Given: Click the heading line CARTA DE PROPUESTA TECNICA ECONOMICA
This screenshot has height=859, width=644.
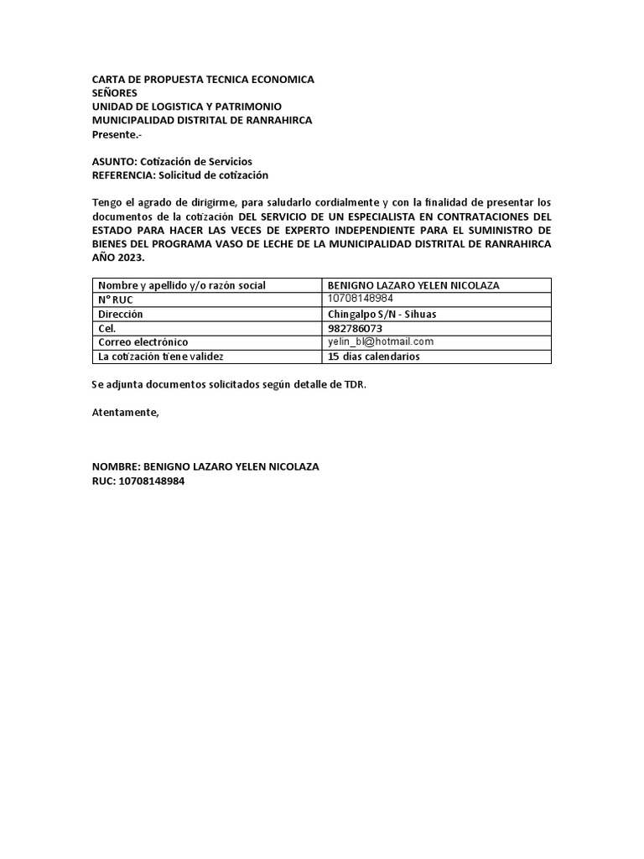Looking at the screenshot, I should coord(203,80).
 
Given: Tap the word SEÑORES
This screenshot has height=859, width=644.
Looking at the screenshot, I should coord(114,93).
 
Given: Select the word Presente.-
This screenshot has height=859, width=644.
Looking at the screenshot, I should coord(117,134).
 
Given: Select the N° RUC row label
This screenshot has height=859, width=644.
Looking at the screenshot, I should coord(116,299).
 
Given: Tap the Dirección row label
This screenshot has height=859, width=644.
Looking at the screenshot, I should coord(121,314).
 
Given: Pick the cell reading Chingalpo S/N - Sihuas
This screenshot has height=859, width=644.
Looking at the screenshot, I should coord(382,314).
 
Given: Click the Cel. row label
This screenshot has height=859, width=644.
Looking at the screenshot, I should coord(106,328).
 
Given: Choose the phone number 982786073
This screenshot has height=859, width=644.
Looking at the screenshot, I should coord(355,328).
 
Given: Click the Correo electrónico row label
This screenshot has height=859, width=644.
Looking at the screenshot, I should coord(143,342).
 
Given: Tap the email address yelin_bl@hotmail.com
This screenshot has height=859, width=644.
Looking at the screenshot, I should coord(381,341).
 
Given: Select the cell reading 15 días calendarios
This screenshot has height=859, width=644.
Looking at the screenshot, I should coord(374,357).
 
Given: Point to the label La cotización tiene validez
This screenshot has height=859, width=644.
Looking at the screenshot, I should coord(161,357).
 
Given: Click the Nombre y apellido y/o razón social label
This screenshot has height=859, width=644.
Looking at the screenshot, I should coord(182,285).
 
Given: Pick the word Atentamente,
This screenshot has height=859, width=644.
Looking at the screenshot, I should coord(124,412).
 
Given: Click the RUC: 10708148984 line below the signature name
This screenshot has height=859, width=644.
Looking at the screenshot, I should coord(138,481).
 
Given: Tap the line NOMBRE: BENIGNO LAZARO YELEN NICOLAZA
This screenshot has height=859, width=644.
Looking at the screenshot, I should coord(205,466).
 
